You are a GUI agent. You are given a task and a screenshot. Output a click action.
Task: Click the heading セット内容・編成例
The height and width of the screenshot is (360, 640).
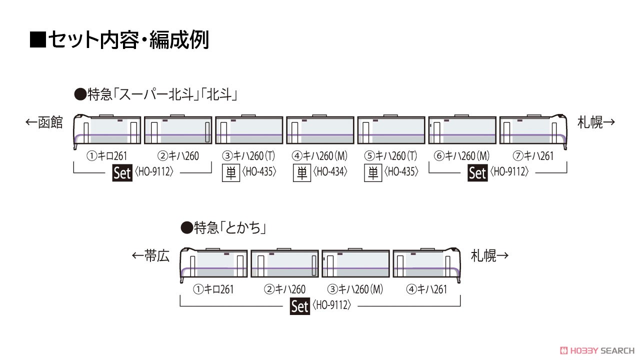[128, 40]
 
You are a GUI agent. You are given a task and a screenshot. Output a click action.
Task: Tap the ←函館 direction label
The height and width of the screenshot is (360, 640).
[44, 122]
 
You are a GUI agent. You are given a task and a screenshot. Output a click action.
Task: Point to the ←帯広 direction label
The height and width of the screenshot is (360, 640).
[150, 255]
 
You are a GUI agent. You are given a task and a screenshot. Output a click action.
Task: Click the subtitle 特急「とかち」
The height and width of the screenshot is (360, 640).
[230, 228]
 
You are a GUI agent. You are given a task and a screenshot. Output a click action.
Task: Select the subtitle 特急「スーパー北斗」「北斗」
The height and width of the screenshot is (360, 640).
[162, 94]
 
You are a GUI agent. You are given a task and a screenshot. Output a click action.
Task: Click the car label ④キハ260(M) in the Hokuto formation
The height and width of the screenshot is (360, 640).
[319, 156]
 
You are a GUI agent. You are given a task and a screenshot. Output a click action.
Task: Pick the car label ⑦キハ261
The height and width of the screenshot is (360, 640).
[533, 156]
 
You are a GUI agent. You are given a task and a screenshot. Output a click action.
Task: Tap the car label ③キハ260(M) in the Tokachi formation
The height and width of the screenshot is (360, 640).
[355, 289]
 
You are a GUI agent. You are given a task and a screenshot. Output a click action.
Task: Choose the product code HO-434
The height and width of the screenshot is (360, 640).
[330, 171]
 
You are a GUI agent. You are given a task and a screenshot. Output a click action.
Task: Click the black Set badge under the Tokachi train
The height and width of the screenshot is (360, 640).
[299, 306]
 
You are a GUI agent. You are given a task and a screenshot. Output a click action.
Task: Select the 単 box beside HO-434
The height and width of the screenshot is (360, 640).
[301, 173]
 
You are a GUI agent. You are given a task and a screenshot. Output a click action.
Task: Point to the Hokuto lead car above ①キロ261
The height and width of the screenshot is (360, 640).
[107, 131]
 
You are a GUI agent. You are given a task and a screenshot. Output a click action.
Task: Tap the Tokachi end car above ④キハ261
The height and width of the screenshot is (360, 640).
[427, 264]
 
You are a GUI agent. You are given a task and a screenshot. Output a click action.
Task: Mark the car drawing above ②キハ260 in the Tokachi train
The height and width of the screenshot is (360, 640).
[284, 263]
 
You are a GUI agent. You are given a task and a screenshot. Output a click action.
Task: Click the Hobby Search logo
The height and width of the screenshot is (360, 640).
[597, 350]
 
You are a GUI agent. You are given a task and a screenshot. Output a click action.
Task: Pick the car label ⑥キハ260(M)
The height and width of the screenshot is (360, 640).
[461, 156]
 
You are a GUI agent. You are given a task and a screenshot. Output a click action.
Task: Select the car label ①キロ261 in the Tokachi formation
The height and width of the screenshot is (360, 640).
[213, 289]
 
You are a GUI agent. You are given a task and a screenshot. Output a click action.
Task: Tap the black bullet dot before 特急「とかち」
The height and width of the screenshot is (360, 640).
[186, 227]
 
